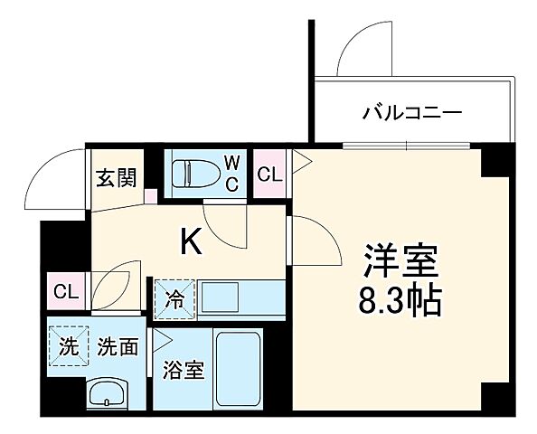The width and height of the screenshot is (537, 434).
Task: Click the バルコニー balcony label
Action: (412, 114)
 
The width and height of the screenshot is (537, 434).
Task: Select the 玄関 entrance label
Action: (114, 177)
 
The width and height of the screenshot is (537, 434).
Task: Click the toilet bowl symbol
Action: (193, 172)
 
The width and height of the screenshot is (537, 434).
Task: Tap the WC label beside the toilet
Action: (232, 174)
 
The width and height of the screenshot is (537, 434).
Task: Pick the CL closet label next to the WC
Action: (269, 175)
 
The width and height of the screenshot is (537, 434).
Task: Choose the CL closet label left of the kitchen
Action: (64, 291)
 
